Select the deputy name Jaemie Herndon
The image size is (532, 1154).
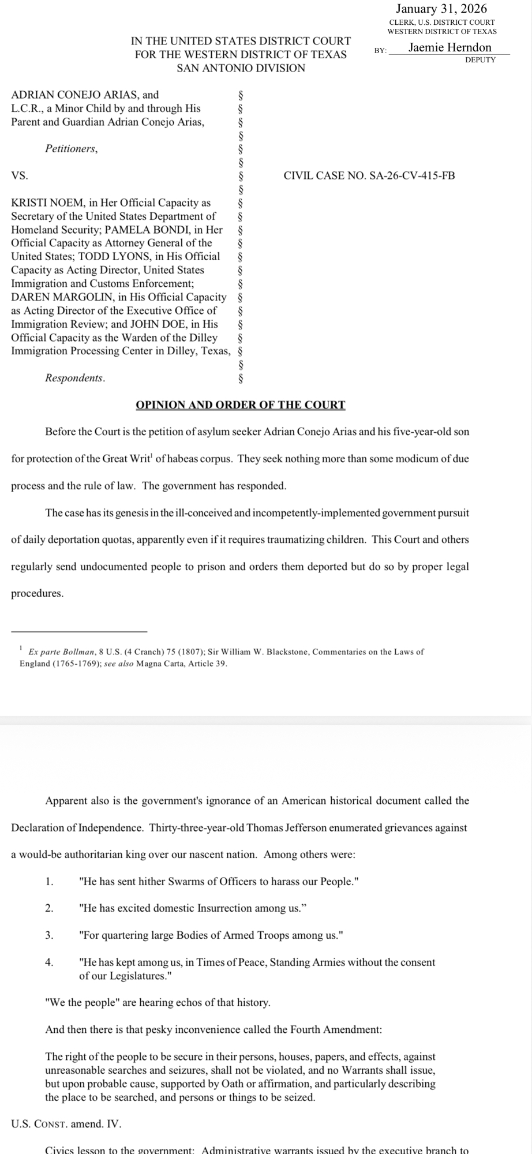point(450,48)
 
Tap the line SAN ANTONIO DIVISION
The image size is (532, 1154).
point(241,68)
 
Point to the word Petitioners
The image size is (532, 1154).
point(72,149)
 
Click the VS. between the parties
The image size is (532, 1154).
point(20,175)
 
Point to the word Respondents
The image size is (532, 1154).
point(75,379)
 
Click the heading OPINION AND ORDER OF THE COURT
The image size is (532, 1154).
point(241,405)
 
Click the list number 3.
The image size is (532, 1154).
point(49,935)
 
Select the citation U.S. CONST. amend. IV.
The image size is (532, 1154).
point(66,1124)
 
